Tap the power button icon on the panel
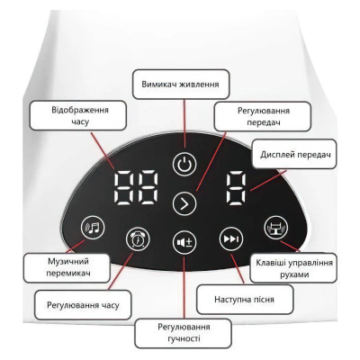pyautogui.click(x=184, y=164)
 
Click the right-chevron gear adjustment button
pyautogui.click(x=184, y=203)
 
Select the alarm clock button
pyautogui.click(x=138, y=239)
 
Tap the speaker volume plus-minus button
pyautogui.click(x=184, y=242)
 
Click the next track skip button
pyautogui.click(x=231, y=239)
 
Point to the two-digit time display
pyautogui.click(x=136, y=188)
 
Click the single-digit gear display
pyautogui.click(x=236, y=189)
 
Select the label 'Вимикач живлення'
pyautogui.click(x=181, y=85)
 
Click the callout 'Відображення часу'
pyautogui.click(x=77, y=115)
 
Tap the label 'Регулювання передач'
pyautogui.click(x=263, y=116)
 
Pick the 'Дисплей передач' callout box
pyautogui.click(x=294, y=155)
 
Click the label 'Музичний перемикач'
pyautogui.click(x=67, y=267)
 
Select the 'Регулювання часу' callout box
pyautogui.click(x=83, y=305)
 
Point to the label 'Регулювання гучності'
pyautogui.click(x=184, y=333)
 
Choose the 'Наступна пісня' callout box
pyautogui.click(x=245, y=300)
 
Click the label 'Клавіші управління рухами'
pyautogui.click(x=293, y=268)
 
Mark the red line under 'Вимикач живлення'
pyautogui.click(x=184, y=123)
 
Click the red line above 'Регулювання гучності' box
pyautogui.click(x=184, y=287)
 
